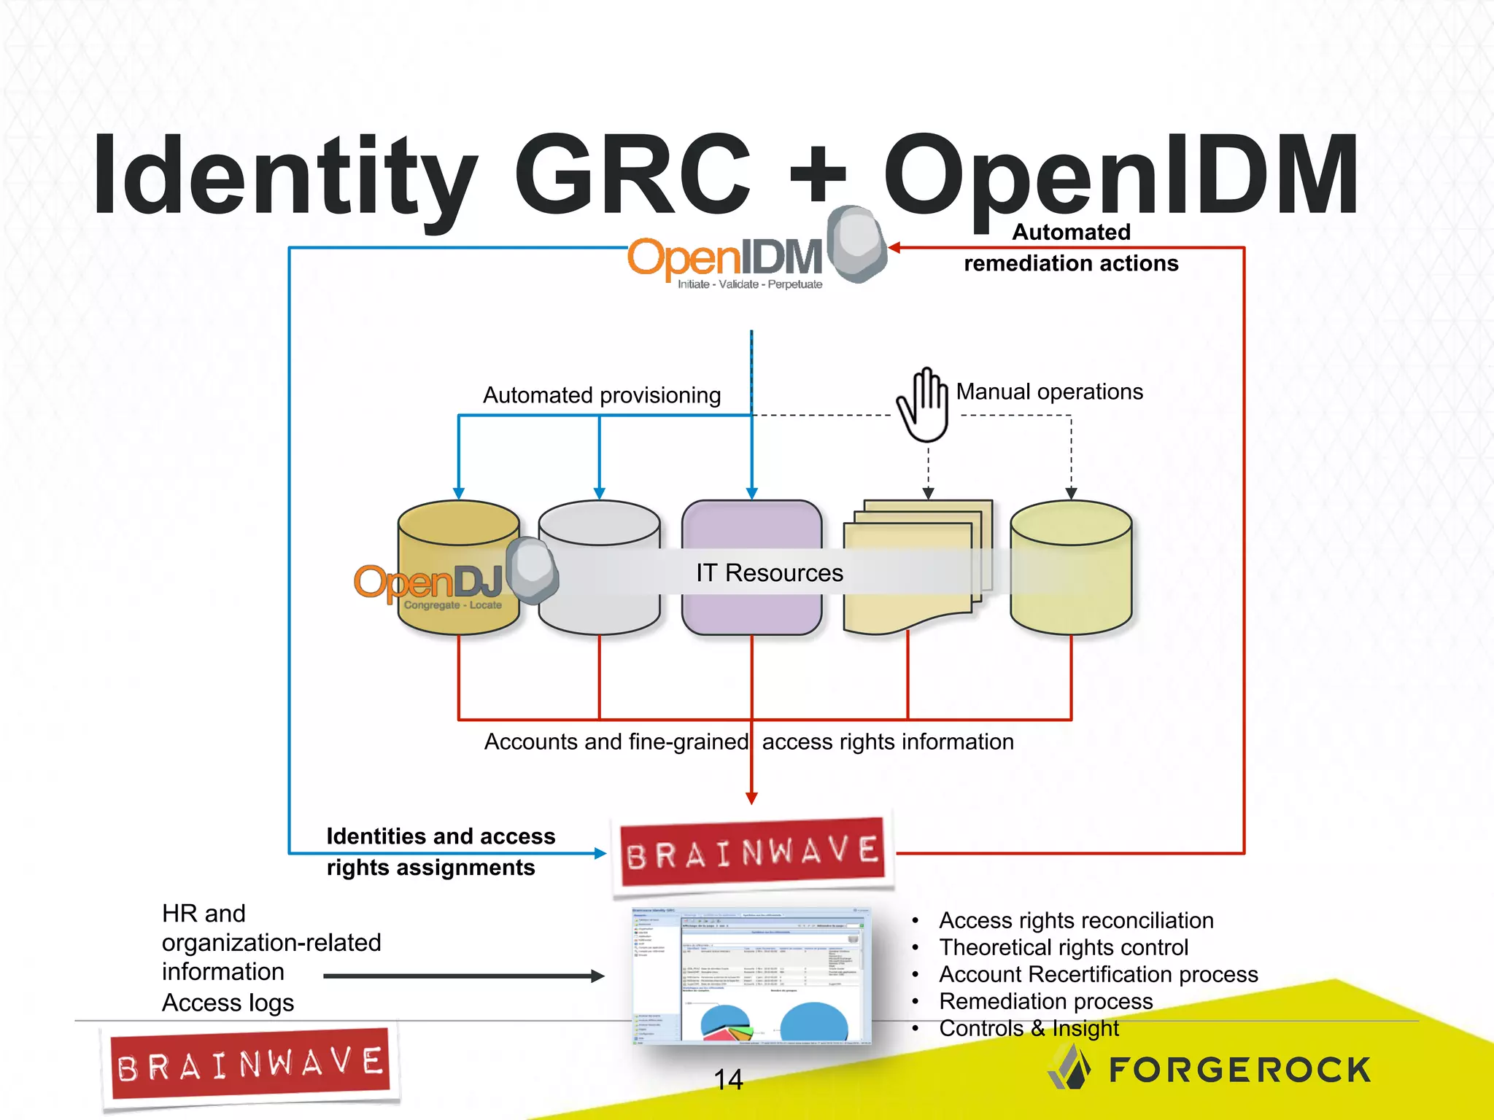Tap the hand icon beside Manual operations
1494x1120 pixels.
[924, 405]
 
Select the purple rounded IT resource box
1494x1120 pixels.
[751, 532]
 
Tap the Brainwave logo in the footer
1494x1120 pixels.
[249, 1066]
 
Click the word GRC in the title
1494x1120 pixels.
[632, 175]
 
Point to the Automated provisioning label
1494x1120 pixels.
[602, 395]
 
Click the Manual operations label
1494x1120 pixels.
[1049, 392]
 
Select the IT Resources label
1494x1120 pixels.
[769, 573]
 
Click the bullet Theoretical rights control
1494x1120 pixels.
[1063, 947]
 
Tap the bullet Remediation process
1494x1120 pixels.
[1045, 1001]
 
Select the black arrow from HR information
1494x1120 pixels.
[463, 976]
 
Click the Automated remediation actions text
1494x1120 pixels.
[1070, 248]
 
